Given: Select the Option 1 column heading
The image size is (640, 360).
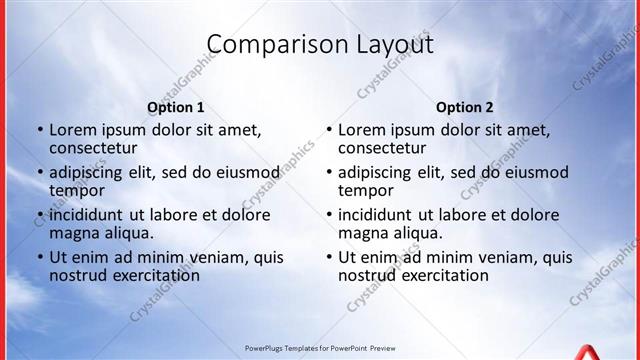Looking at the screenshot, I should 176,107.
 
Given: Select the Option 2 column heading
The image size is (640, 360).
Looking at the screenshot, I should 465,107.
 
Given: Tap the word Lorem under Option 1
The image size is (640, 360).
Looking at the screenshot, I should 73,130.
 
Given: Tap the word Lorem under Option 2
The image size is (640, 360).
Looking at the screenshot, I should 362,130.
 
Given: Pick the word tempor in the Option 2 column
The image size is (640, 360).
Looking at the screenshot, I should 366,191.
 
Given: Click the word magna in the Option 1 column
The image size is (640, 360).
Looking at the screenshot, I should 76,233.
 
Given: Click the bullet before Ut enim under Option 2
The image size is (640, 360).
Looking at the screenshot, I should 328,258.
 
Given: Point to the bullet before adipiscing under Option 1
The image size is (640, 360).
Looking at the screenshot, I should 39,173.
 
